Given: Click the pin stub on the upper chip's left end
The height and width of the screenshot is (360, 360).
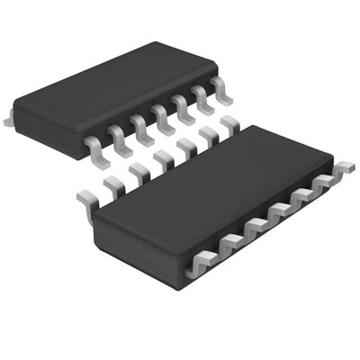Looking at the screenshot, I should coord(8,118).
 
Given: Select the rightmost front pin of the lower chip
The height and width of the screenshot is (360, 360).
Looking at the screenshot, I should coord(343,168).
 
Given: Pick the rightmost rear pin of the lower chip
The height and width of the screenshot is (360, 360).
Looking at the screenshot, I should coord(231,126).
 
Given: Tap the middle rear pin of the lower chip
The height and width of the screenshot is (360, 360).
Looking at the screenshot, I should coord(163,163).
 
